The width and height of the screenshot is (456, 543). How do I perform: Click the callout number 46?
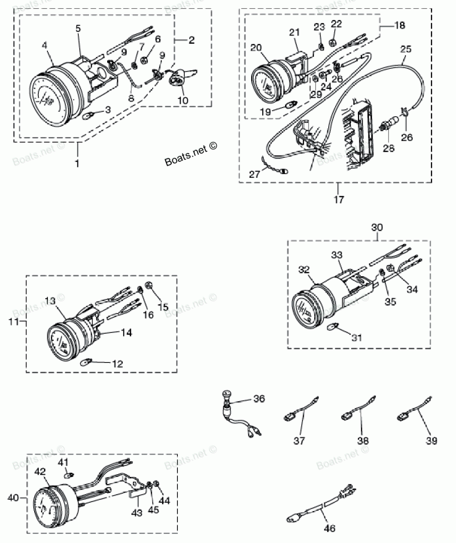point(330,529)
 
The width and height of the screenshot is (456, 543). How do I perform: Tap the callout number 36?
point(259,399)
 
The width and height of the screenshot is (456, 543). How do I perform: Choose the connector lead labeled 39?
point(413,409)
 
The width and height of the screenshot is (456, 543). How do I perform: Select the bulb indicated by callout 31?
point(333,326)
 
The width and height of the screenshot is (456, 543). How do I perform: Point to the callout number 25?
point(406,48)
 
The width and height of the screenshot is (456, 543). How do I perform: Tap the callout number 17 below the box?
point(338,199)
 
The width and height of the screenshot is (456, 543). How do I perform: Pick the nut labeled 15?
point(148,286)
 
